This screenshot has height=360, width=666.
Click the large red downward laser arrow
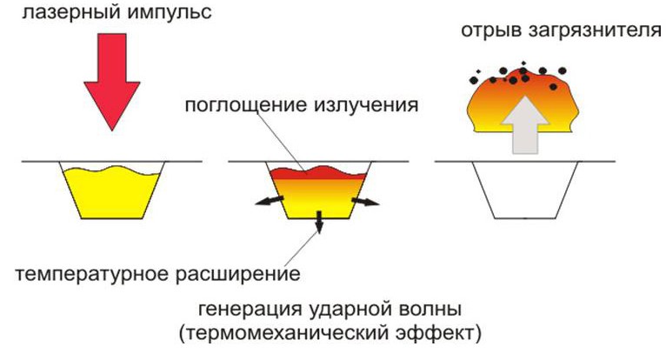pos(111,82)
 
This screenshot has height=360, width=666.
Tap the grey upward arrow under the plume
pos(525,124)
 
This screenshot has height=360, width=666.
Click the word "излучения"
pos(366,104)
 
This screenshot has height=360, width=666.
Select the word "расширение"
pos(238,274)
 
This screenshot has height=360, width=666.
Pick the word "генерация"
pos(250,309)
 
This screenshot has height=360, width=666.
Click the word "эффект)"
pos(439,334)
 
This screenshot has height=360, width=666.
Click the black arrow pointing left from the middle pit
pos(270,201)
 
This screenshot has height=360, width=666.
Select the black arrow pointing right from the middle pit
pos(365,201)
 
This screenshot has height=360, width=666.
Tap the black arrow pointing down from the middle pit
pos(319,222)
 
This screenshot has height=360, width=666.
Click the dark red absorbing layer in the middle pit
pos(318,173)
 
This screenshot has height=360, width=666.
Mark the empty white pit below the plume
pos(525,190)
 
